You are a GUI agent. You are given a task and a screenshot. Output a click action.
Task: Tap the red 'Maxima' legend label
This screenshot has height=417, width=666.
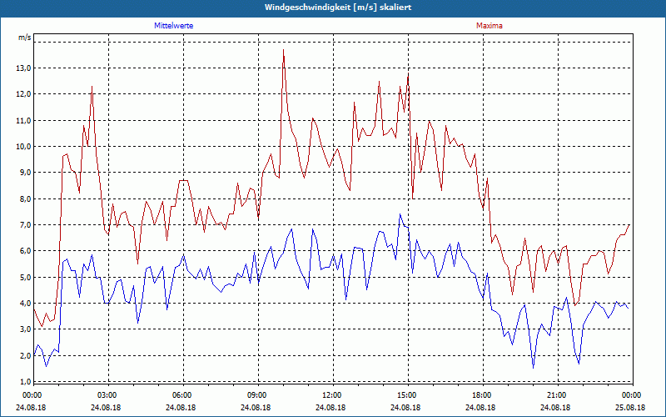click(489, 26)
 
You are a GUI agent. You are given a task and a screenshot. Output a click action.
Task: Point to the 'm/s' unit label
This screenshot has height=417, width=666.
click(24, 38)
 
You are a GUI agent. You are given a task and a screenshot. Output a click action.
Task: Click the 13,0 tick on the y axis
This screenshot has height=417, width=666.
click(24, 68)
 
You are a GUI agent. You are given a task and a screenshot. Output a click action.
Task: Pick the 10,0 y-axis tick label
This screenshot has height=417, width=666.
click(24, 146)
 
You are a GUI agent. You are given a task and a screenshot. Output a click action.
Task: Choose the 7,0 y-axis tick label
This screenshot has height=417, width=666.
click(24, 224)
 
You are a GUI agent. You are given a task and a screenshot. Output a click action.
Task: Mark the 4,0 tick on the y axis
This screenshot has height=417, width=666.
click(24, 303)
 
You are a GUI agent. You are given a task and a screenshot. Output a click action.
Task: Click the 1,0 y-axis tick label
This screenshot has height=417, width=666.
click(24, 381)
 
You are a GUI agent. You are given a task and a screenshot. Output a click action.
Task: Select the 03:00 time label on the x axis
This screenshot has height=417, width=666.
click(107, 394)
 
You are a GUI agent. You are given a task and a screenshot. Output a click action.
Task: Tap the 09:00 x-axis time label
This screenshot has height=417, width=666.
click(257, 394)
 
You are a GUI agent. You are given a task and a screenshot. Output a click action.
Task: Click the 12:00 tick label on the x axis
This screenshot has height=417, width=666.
click(331, 394)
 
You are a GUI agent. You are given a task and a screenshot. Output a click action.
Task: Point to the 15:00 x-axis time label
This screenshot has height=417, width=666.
click(406, 394)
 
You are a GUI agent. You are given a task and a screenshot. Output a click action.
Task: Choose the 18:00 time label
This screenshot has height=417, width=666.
click(481, 394)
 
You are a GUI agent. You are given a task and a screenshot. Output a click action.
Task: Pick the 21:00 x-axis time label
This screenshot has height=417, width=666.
click(556, 394)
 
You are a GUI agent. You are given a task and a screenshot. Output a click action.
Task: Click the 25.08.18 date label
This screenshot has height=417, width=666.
click(631, 408)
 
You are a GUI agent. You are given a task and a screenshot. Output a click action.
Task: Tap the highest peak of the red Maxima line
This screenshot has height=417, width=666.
click(283, 50)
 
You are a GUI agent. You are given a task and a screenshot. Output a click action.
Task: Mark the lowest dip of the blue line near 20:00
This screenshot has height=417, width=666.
click(534, 368)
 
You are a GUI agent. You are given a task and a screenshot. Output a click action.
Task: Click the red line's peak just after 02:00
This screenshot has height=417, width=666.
click(92, 86)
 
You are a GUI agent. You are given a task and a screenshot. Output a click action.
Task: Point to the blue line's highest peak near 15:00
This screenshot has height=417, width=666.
click(400, 214)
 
